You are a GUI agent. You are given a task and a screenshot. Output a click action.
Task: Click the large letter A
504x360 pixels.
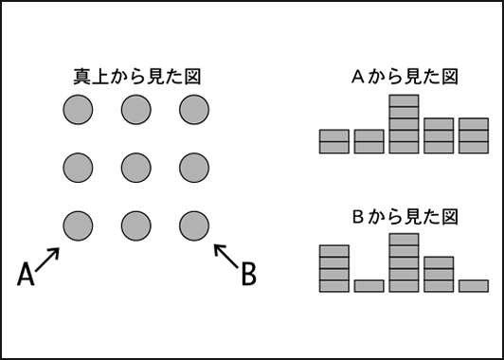pos(26,274)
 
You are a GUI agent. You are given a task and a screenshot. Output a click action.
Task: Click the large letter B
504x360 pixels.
pos(249,274)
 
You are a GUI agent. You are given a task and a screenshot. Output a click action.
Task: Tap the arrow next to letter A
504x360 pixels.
pos(47,260)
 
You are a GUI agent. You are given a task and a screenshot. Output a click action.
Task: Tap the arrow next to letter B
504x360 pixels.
pos(226,256)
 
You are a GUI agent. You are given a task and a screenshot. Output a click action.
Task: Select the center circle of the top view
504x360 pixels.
pos(136,168)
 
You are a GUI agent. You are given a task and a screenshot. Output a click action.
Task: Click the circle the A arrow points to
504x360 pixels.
pos(78,225)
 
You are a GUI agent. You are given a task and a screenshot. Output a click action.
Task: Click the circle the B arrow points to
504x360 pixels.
pos(194,225)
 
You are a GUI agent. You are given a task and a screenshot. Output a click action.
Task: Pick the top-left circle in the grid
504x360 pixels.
pos(78,110)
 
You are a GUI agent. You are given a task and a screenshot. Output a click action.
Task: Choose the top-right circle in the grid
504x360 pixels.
pos(194,110)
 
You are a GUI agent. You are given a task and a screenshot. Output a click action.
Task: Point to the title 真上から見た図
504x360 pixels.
pos(137,77)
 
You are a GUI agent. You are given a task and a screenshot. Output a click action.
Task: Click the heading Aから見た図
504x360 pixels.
pos(405,77)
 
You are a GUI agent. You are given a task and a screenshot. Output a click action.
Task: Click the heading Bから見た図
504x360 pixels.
pos(405,217)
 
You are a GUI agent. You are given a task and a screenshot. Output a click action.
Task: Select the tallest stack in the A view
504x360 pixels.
pos(404,124)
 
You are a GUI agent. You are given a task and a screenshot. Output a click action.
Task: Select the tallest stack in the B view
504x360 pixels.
pos(404,263)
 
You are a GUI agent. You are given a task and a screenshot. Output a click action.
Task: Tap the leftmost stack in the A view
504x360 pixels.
pos(334,141)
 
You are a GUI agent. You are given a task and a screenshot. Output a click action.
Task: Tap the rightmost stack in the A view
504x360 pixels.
pos(474,135)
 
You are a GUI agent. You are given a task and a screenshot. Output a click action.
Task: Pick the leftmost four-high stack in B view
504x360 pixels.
pos(334,269)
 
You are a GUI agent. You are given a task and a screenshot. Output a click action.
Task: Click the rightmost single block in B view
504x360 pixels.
pos(474,286)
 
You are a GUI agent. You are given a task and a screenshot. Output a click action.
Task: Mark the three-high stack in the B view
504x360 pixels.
pos(439,275)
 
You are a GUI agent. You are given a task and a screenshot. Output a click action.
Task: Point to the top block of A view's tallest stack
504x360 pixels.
pos(404,100)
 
